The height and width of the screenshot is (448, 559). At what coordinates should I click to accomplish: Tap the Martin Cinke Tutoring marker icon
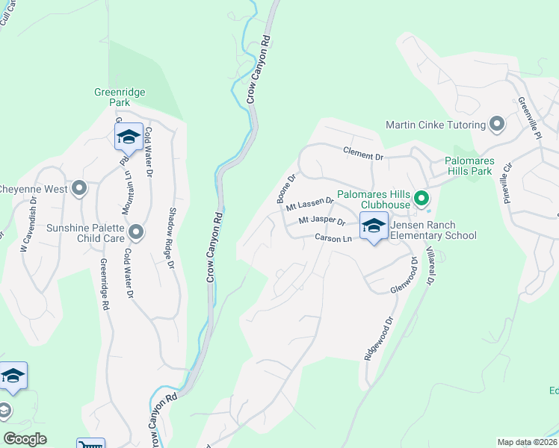496,124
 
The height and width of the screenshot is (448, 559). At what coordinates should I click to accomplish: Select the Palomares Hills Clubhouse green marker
421,199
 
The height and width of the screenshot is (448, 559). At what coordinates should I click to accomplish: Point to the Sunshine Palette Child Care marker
136,233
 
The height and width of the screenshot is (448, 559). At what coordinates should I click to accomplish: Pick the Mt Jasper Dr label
321,222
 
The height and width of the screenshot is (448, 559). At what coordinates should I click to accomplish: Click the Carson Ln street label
333,239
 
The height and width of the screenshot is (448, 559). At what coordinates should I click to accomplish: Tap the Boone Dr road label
286,189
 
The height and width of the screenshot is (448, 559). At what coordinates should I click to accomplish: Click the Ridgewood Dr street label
378,340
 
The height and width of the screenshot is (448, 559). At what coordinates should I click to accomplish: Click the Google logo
25,439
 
